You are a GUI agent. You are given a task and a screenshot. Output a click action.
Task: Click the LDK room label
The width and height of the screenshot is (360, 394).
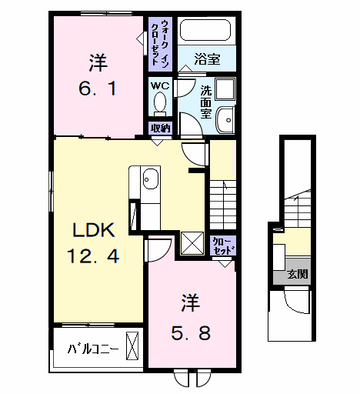(x=93, y=229)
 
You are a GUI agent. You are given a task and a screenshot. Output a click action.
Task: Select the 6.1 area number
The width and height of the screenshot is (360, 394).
(x=97, y=89)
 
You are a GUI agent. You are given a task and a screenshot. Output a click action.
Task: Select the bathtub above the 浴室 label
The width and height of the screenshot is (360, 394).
(x=205, y=32)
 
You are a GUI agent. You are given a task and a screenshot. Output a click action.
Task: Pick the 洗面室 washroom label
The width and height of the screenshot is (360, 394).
(x=206, y=101)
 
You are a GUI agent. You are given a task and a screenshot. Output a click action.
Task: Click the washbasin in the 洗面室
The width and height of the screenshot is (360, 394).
(x=225, y=119)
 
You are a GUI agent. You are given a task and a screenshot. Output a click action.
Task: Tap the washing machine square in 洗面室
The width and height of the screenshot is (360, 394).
(x=225, y=89)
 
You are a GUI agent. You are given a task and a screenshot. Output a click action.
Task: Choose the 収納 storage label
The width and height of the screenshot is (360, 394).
(x=160, y=128)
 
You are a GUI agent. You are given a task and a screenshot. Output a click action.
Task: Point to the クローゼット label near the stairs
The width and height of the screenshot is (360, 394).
(x=222, y=245)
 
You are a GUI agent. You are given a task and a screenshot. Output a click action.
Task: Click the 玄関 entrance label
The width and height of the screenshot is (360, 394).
(x=296, y=275)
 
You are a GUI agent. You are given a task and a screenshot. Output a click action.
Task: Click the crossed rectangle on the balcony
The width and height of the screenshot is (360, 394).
(x=133, y=346)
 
